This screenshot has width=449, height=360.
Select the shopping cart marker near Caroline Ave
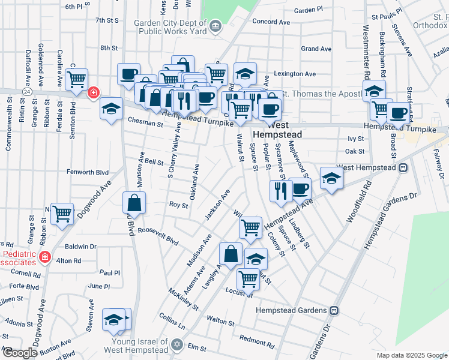[x=76, y=80]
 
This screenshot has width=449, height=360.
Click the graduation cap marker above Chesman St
[x=111, y=109]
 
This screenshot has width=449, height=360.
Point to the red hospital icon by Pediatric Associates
[x=44, y=257]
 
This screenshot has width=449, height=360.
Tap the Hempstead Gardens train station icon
[x=335, y=310]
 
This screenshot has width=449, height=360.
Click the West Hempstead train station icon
[x=402, y=167]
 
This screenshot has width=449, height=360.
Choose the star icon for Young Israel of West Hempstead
[x=176, y=344]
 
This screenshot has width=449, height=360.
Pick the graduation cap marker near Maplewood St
[x=330, y=179]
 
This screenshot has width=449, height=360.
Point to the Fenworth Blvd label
[x=88, y=172]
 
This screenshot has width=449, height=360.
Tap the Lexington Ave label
[x=294, y=74]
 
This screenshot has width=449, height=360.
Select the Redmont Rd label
[x=256, y=341]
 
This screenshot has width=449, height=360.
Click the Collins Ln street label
[x=172, y=321]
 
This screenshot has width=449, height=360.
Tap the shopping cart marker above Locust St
[x=247, y=279]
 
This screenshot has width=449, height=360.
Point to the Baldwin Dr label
[x=80, y=247]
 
